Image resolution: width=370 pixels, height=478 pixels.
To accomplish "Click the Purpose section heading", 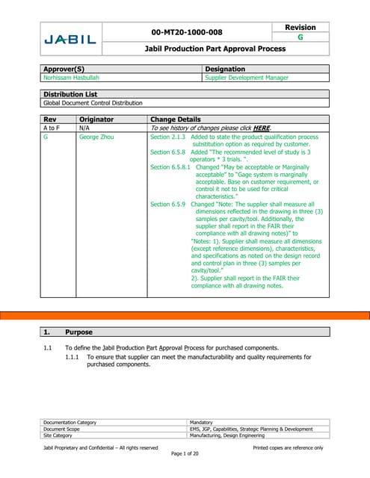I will pyautogui.click(x=78, y=332).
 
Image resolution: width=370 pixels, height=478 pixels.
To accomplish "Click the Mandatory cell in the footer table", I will pyautogui.click(x=204, y=422).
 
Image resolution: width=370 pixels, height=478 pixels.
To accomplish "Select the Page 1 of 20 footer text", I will pyautogui.click(x=184, y=455).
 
